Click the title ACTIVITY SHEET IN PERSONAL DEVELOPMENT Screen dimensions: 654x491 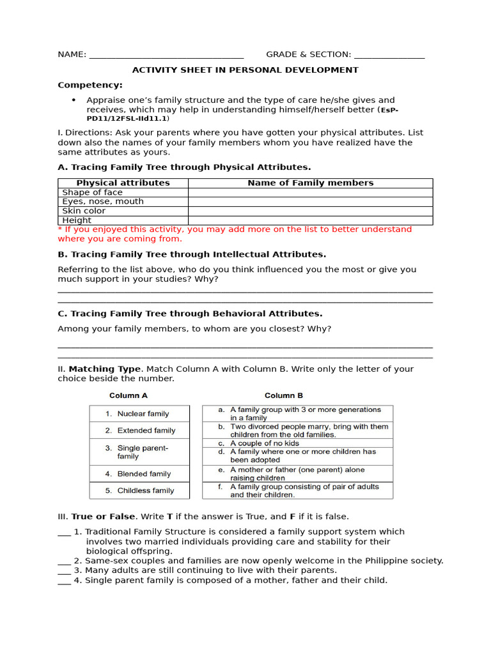(x=245, y=70)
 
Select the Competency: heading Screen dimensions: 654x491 (x=90, y=85)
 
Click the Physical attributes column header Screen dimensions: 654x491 (x=123, y=183)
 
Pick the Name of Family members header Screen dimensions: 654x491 (x=310, y=183)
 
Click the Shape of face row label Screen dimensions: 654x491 (x=92, y=192)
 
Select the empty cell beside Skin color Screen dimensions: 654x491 (x=310, y=211)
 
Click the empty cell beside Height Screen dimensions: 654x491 (x=310, y=220)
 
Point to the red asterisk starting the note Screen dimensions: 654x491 (x=59, y=229)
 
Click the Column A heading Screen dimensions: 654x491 (x=128, y=395)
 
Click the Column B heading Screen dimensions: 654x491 (x=284, y=395)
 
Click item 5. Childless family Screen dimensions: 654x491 (x=139, y=490)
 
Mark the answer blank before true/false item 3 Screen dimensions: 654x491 (x=64, y=571)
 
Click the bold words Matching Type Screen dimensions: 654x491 (x=104, y=369)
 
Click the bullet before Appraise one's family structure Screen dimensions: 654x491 (x=74, y=100)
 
